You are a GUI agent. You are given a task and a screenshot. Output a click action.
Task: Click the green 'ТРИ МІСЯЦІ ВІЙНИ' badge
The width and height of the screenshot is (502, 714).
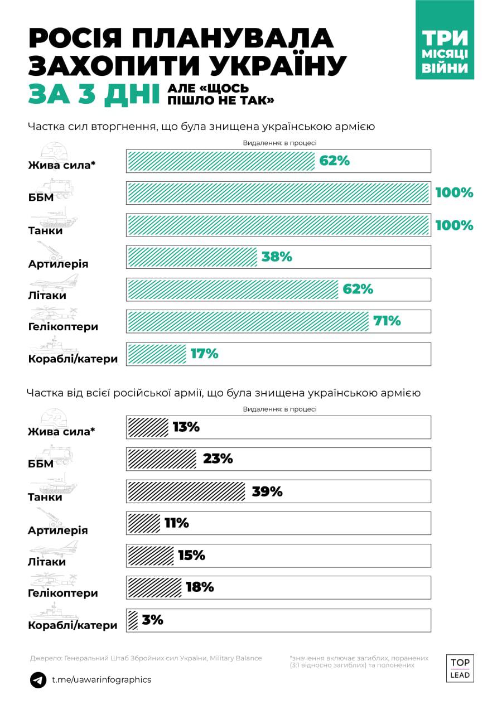click(x=445, y=40)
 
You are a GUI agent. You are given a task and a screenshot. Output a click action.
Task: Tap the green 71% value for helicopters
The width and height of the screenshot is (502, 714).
click(x=387, y=321)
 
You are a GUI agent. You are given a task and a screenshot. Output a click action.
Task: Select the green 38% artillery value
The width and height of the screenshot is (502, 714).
click(x=277, y=257)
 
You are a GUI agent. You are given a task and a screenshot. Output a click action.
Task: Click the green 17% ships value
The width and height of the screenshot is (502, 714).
click(x=204, y=354)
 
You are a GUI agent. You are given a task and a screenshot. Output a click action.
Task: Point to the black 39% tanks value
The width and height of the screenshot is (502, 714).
click(x=267, y=491)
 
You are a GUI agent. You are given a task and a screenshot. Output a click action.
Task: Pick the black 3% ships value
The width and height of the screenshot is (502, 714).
click(x=152, y=620)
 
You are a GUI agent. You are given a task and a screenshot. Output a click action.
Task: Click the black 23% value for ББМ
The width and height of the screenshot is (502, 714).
click(x=218, y=459)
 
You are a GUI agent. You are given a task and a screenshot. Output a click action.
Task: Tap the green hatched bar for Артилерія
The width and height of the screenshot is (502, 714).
click(x=193, y=257)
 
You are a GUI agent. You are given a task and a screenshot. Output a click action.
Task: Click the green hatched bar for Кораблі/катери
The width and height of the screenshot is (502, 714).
click(x=157, y=354)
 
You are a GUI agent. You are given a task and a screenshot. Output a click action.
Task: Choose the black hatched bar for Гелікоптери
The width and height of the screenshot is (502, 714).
click(x=155, y=587)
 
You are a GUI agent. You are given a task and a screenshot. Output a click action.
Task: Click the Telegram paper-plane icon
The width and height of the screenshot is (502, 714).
click(x=38, y=680)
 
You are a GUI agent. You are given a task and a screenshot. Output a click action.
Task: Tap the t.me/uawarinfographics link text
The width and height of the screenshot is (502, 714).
click(x=101, y=680)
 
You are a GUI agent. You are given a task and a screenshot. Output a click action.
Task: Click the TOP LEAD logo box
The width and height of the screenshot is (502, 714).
click(x=460, y=668)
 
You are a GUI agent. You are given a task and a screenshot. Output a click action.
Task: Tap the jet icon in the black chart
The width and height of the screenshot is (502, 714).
click(x=61, y=548)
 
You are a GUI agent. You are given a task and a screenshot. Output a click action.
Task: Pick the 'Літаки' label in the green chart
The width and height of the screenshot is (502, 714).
click(x=47, y=295)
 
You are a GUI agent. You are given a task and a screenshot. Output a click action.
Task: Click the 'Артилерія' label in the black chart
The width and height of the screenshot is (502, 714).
click(x=58, y=530)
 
